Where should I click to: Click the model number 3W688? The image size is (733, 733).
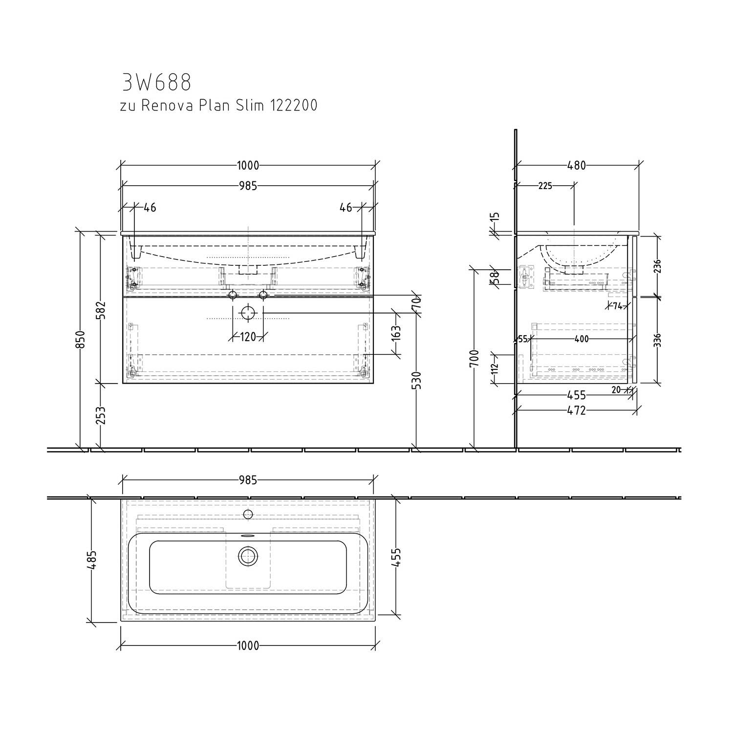tap(156, 83)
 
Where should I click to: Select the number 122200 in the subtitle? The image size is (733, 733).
tap(292, 105)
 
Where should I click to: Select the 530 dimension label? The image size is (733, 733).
tap(417, 380)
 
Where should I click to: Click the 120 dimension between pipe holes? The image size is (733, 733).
tap(248, 337)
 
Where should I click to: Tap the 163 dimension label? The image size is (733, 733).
tap(396, 333)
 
